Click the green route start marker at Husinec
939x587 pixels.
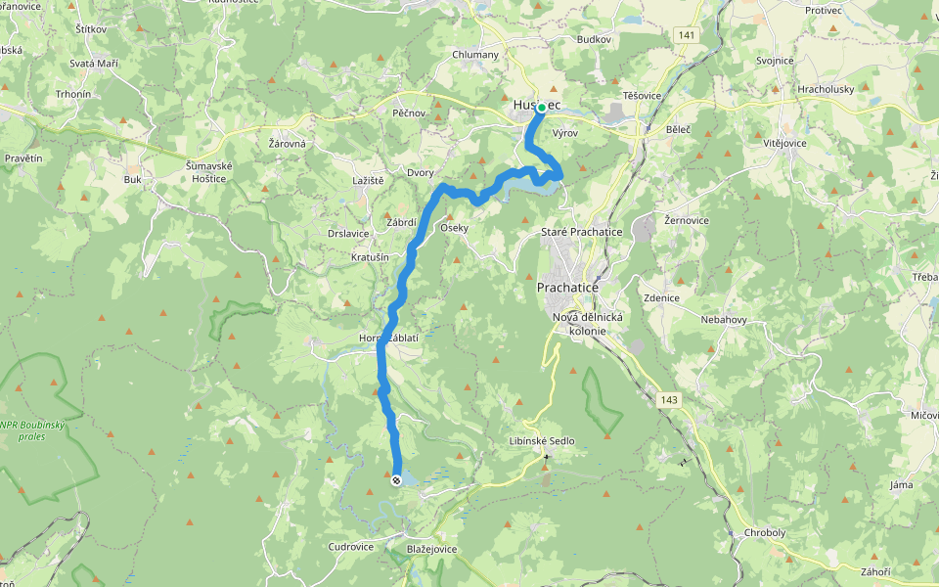coord(541,108)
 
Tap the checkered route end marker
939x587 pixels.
coord(396,480)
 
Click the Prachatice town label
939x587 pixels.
coord(567,288)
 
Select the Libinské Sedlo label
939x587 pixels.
coord(543,441)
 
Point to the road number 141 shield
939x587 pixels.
coord(689,35)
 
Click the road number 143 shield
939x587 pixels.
coord(668,399)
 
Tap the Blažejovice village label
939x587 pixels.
coord(431,550)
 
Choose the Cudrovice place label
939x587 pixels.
coord(351,547)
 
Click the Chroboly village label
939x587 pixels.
coord(764,533)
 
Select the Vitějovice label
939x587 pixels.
coord(784,143)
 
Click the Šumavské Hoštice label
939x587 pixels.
coord(209,172)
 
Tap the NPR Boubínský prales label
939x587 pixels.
coord(36,430)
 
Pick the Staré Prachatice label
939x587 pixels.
coord(582,232)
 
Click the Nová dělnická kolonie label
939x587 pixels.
coord(588,323)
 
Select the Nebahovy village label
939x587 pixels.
coord(725,320)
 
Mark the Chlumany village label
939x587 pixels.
coord(475,55)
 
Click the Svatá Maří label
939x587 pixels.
coord(94,64)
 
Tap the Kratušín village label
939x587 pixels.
coord(370,257)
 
